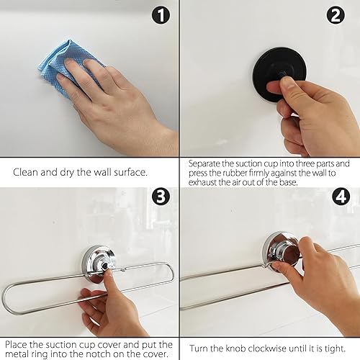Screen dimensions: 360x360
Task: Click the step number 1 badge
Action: pyautogui.click(x=161, y=15)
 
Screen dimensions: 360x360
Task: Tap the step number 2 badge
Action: pyautogui.click(x=336, y=15)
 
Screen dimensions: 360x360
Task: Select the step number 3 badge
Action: pyautogui.click(x=161, y=197)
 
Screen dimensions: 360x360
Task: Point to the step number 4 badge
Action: pyautogui.click(x=341, y=197)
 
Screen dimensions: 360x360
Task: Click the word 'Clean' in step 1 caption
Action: pyautogui.click(x=25, y=172)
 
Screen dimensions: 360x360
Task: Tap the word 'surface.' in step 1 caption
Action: pyautogui.click(x=130, y=172)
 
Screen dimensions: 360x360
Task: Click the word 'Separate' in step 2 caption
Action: pyautogui.click(x=204, y=164)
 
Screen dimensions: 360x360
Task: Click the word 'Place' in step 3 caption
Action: pyautogui.click(x=16, y=345)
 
